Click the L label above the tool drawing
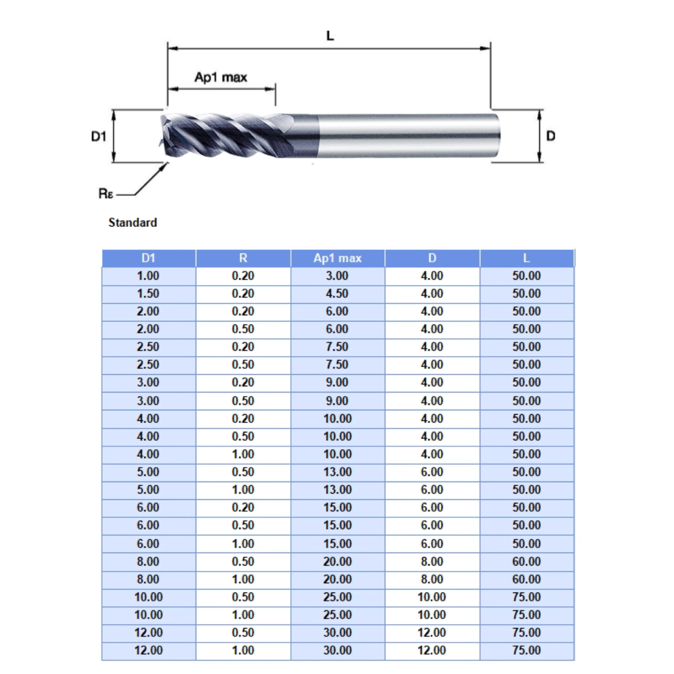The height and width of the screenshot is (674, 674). [330, 36]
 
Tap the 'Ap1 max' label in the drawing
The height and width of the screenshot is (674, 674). [221, 77]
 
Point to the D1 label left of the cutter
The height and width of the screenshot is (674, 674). [98, 136]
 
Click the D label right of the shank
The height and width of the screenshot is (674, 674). [551, 136]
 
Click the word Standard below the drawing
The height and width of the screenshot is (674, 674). [133, 222]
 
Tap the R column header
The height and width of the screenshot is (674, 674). [243, 258]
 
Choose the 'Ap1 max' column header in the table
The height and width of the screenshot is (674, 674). [337, 258]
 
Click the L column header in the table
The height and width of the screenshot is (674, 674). [527, 258]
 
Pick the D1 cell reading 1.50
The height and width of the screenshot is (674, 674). [148, 293]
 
